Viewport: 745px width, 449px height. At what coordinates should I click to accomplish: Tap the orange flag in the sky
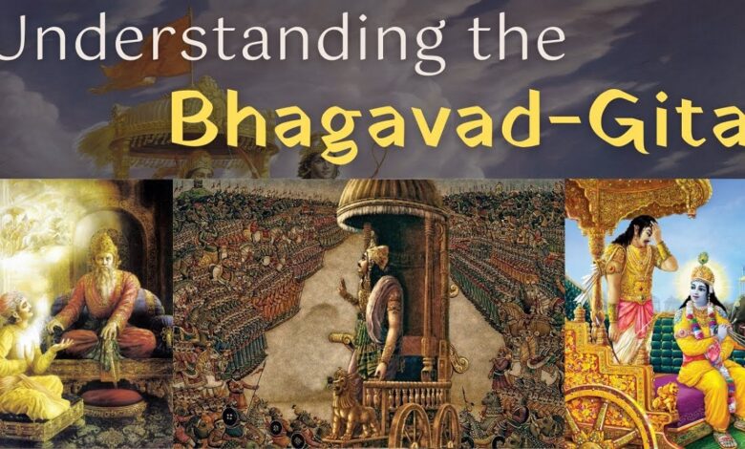(x=146, y=53)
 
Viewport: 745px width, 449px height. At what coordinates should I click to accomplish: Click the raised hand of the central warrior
(x=343, y=287)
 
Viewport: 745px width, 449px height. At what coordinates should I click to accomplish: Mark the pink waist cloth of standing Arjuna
(x=634, y=314)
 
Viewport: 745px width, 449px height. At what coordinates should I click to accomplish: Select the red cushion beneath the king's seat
(x=113, y=397)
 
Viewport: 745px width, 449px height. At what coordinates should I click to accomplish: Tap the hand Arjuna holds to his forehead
(x=659, y=233)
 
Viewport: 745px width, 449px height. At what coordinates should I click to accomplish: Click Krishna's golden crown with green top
(x=703, y=269)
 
